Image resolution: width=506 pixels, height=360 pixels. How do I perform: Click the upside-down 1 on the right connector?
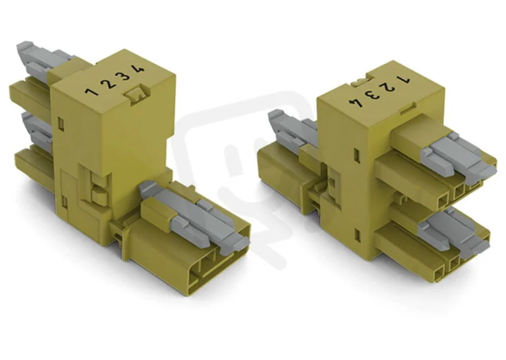tap(404, 79)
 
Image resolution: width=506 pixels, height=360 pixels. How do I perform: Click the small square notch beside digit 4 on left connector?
tap(135, 94)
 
